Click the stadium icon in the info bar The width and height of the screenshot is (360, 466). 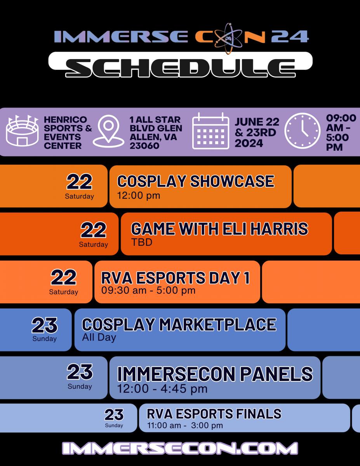(22, 130)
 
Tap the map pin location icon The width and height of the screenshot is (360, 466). (108, 131)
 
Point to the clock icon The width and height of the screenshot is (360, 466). (302, 130)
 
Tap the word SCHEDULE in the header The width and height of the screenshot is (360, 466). (180, 68)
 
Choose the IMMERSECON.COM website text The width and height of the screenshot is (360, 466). (180, 449)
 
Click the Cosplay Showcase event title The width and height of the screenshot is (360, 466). (196, 181)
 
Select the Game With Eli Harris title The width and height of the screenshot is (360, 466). (219, 229)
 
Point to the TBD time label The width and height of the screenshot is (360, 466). (142, 242)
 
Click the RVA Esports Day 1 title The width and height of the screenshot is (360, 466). (176, 278)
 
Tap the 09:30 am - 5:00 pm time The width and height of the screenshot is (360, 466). (148, 290)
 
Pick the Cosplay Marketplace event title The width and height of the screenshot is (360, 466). (179, 324)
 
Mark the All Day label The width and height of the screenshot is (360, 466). (99, 337)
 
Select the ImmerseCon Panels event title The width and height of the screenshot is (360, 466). (215, 374)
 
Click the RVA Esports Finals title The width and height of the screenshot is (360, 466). (214, 414)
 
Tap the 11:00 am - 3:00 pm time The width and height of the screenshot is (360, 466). (185, 426)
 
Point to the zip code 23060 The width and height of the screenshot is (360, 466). (144, 146)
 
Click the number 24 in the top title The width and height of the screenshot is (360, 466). (290, 37)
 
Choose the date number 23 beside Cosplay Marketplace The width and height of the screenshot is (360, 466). (45, 325)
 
